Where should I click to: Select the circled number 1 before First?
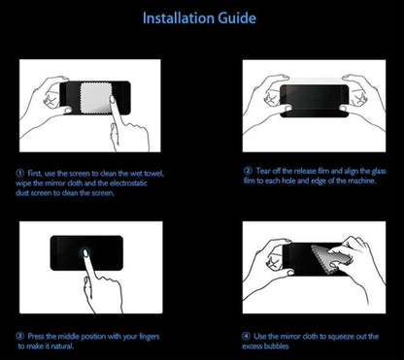(20, 174)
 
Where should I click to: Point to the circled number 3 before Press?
(20, 337)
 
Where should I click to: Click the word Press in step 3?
(37, 337)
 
